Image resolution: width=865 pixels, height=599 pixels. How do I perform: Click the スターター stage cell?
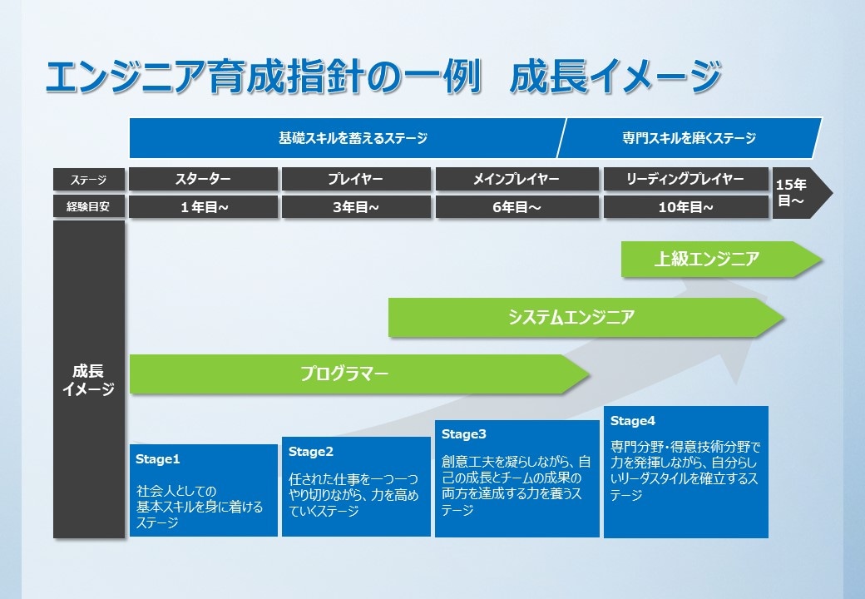pyautogui.click(x=204, y=179)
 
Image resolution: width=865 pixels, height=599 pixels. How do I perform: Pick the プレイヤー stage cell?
pyautogui.click(x=356, y=179)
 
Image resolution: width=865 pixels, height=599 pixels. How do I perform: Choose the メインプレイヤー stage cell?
pyautogui.click(x=517, y=179)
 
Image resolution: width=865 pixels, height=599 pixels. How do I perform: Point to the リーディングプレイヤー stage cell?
pyautogui.click(x=685, y=179)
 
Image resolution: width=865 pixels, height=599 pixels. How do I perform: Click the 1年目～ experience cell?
pyautogui.click(x=204, y=207)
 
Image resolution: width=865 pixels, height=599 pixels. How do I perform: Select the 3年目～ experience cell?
pyautogui.click(x=356, y=207)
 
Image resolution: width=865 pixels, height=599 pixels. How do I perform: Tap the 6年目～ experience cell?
pyautogui.click(x=517, y=207)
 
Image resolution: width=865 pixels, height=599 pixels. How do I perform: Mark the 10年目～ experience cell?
pyautogui.click(x=685, y=207)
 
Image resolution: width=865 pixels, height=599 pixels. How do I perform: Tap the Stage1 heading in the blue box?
pyautogui.click(x=158, y=458)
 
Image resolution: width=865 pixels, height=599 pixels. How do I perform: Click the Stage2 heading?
pyautogui.click(x=311, y=452)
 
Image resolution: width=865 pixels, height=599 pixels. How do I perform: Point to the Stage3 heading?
pyautogui.click(x=464, y=434)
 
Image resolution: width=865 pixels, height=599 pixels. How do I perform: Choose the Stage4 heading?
pyautogui.click(x=633, y=421)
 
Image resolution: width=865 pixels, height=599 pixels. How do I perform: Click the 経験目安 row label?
pyautogui.click(x=88, y=207)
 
